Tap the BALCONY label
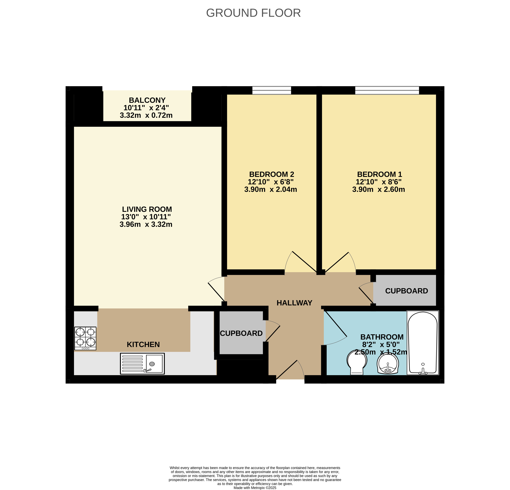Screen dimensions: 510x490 coord(147,100)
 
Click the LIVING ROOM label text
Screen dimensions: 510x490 coord(147,209)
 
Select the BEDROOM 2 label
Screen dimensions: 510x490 coord(272,174)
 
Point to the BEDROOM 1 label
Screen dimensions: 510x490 coord(380,174)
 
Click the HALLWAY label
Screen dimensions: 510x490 coord(294,303)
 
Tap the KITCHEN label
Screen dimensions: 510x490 coord(143,345)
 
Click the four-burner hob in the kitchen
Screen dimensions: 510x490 coord(85,339)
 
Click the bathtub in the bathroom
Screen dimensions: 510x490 coord(423,343)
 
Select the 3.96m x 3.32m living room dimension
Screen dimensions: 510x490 coord(146,224)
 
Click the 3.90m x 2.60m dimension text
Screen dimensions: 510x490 coord(379,190)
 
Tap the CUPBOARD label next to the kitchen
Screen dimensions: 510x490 coord(241,333)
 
